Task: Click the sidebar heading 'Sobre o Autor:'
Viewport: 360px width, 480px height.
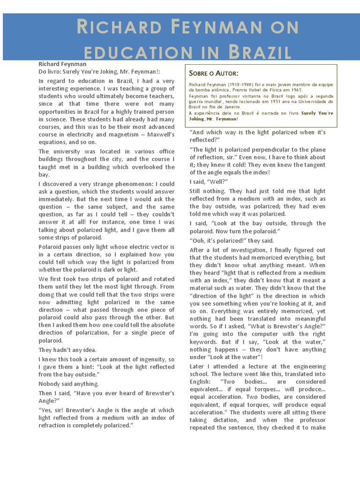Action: click(213, 74)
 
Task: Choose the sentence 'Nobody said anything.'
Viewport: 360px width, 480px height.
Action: click(68, 384)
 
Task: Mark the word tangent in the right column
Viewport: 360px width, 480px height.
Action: click(313, 165)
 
